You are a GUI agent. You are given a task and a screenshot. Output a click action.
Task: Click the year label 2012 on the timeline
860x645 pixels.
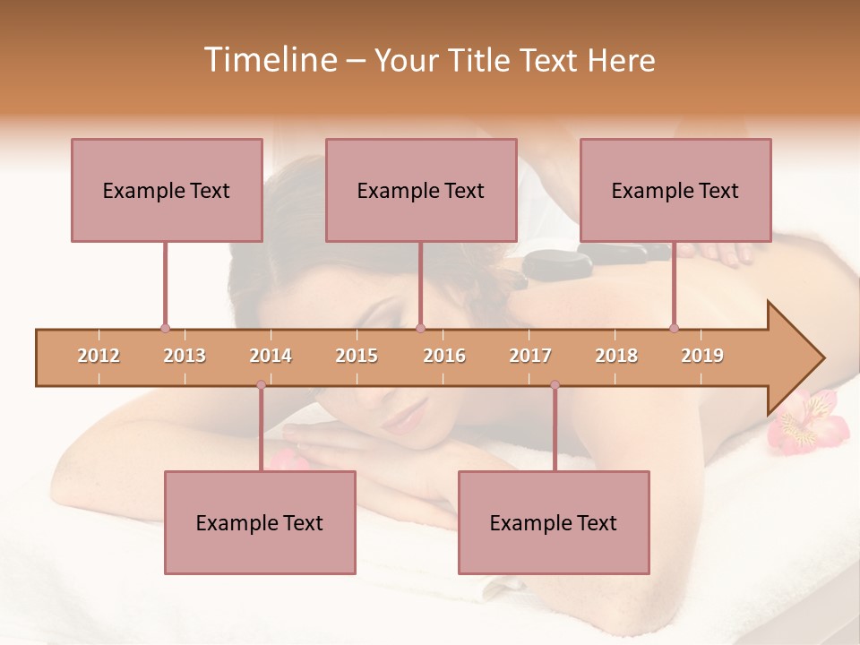click(99, 356)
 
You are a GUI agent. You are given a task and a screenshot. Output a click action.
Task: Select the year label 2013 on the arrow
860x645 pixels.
click(185, 356)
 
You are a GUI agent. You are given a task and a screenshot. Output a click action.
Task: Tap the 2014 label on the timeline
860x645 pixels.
click(271, 356)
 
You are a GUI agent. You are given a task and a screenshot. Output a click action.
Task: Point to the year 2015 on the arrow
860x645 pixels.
click(357, 356)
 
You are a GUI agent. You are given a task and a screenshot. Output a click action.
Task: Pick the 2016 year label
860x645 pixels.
click(444, 356)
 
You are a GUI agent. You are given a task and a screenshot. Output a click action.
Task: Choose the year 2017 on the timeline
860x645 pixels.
click(530, 356)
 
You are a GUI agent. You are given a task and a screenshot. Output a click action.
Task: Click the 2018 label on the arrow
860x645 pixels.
click(616, 356)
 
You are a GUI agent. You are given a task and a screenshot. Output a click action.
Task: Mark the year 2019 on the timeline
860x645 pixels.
click(702, 356)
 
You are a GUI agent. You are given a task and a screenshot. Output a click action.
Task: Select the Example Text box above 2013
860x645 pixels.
click(167, 190)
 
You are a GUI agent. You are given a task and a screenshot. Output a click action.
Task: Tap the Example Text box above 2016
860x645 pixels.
click(421, 190)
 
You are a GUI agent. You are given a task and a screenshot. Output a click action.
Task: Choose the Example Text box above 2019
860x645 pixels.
click(675, 190)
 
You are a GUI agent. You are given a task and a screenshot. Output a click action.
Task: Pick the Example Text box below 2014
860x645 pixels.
click(260, 522)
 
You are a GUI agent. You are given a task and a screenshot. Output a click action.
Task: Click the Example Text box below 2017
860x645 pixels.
click(554, 522)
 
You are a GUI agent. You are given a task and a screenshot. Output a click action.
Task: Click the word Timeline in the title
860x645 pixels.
click(268, 60)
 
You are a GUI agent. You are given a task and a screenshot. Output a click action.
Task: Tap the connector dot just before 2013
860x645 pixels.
click(165, 328)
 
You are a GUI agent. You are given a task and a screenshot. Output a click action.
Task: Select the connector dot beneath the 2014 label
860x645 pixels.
click(261, 385)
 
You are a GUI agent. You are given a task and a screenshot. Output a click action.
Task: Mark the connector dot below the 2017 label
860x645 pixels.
click(555, 385)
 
